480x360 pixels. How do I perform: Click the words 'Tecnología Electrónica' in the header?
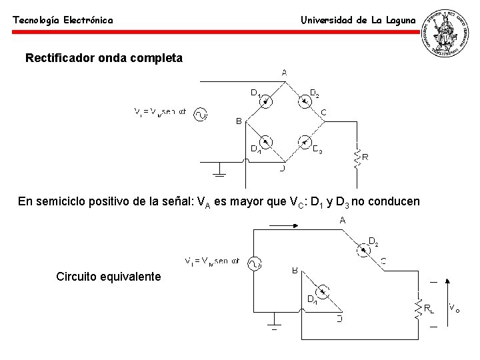[63, 21]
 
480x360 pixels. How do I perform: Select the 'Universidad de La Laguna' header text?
[358, 20]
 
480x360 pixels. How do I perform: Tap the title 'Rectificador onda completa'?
[103, 58]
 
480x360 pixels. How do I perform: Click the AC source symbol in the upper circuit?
[201, 115]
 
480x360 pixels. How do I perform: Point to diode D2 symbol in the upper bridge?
[305, 101]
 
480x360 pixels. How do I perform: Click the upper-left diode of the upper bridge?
[266, 101]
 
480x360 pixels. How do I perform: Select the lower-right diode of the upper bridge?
[304, 142]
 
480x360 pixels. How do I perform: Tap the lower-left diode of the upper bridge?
[265, 142]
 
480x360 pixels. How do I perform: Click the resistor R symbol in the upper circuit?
[357, 157]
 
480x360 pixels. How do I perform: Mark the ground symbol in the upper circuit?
[219, 175]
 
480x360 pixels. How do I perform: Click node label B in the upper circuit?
[239, 121]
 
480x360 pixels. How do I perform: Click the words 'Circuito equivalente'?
[109, 276]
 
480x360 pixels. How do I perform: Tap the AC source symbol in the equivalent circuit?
[254, 263]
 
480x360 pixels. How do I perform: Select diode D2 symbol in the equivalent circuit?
[363, 251]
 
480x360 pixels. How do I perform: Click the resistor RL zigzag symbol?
[418, 307]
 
